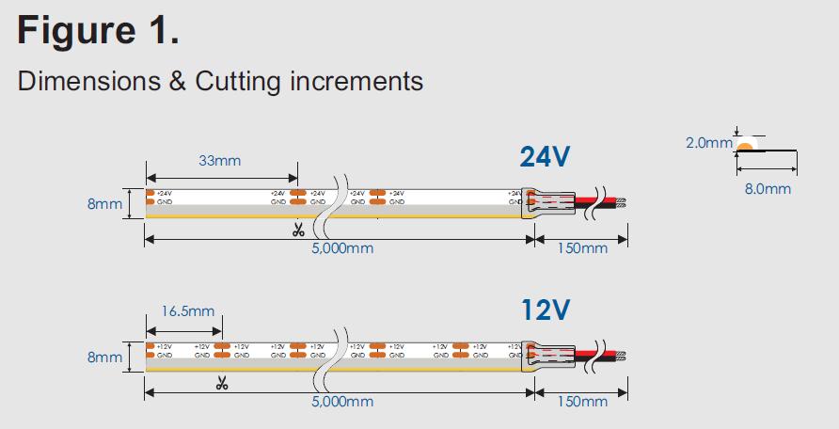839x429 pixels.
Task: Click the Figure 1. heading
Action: point(99,32)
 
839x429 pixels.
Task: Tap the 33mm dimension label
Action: point(219,161)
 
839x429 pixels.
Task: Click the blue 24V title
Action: point(546,156)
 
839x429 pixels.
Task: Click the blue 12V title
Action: point(546,309)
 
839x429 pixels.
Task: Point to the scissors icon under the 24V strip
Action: point(298,229)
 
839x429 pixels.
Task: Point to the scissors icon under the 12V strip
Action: point(222,382)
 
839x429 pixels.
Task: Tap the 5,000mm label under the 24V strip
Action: point(342,248)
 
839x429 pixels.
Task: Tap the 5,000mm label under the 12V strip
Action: point(342,402)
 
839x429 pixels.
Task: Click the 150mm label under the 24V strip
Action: point(582,248)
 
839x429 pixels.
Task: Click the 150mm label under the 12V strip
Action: point(582,402)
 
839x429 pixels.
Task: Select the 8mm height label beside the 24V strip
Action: point(104,203)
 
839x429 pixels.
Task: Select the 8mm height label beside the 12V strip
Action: point(104,357)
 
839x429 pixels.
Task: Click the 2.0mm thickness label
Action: point(707,143)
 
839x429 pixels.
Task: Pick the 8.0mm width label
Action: point(768,189)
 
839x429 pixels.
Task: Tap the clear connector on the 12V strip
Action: point(548,356)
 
